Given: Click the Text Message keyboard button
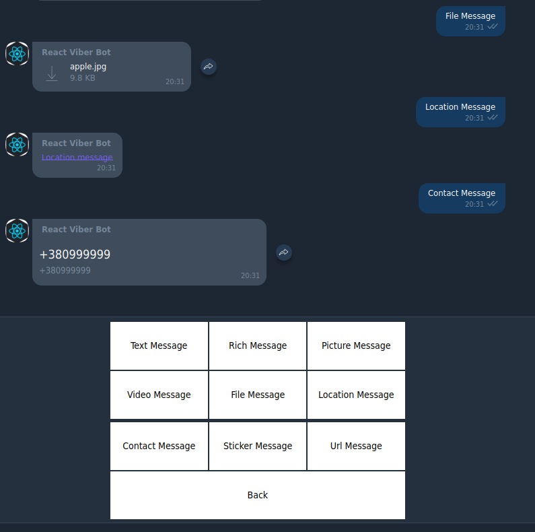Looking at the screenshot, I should pos(159,345).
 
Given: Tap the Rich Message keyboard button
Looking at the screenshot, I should pos(258,345).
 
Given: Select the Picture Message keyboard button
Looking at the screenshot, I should pos(356,345).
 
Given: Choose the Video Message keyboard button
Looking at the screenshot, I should pos(159,395).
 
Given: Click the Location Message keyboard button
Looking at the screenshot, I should pos(356,395).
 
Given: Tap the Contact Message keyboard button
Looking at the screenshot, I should pos(159,446).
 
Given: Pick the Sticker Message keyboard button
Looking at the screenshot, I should pos(258,446).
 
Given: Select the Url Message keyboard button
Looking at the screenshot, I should pos(356,446).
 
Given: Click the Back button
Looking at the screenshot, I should pos(258,495).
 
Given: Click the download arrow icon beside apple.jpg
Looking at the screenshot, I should pos(52,73).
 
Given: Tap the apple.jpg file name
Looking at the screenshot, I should pos(88,66).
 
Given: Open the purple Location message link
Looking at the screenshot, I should pos(77,158).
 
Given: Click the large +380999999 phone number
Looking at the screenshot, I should pos(75,255).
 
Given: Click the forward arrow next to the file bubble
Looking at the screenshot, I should pos(209,67).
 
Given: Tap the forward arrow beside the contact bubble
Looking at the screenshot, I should pos(284,253).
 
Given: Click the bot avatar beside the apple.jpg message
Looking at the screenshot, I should pos(17,54).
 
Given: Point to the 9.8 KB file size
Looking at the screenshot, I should pos(83,78).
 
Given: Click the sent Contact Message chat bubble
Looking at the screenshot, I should pos(462,198).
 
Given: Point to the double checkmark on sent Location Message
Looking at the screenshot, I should pos(493,117).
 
